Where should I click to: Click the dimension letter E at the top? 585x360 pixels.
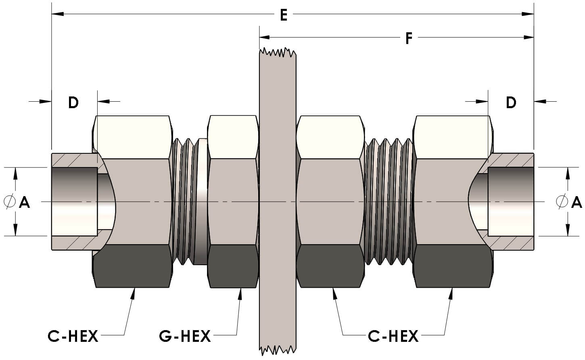click(284, 15)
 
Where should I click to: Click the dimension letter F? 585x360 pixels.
click(409, 38)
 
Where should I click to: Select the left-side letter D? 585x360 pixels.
click(73, 103)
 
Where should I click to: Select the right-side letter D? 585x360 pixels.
click(511, 103)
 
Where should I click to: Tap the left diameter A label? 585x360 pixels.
click(24, 201)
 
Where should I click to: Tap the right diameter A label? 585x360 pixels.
click(576, 201)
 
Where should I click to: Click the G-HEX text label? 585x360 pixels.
click(185, 336)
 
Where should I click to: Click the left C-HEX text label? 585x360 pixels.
click(73, 336)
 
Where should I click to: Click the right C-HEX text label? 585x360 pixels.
click(393, 336)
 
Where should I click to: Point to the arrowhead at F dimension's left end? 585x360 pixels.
click(265, 37)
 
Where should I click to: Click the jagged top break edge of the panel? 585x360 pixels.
click(278, 52)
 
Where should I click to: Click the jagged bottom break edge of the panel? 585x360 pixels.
click(278, 349)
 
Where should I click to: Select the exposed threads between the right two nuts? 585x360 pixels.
click(389, 202)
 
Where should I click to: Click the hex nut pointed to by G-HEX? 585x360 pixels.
click(233, 202)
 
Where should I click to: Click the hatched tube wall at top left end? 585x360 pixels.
click(73, 160)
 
